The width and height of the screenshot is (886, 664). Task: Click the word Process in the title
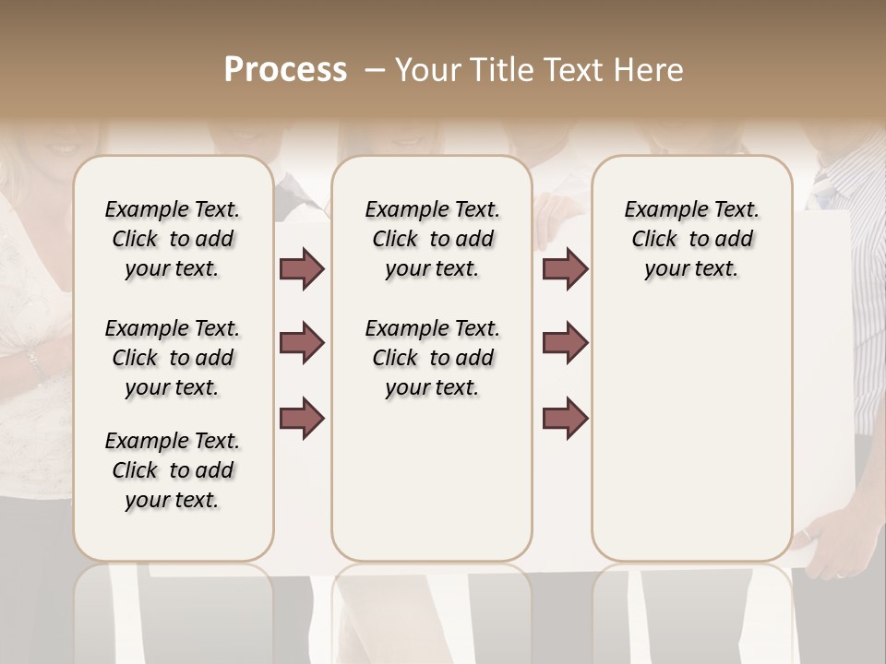pyautogui.click(x=285, y=70)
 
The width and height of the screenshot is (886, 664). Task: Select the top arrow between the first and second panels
pyautogui.click(x=302, y=269)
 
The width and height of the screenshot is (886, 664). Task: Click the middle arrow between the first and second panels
pyautogui.click(x=302, y=343)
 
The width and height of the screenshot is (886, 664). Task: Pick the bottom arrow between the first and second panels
pyautogui.click(x=302, y=418)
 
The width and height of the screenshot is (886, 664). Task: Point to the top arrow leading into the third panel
pyautogui.click(x=565, y=269)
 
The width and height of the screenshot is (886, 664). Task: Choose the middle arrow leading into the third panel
pyautogui.click(x=565, y=343)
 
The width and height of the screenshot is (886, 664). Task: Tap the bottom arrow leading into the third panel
pyautogui.click(x=565, y=418)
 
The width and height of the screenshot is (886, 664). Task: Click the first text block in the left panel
pyautogui.click(x=173, y=239)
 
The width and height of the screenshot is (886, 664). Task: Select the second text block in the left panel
pyautogui.click(x=173, y=358)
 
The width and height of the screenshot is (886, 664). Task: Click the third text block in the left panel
pyautogui.click(x=173, y=470)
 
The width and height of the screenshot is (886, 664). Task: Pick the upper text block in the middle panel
pyautogui.click(x=432, y=239)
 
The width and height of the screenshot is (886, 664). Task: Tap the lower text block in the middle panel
pyautogui.click(x=432, y=358)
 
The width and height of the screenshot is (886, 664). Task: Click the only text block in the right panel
pyautogui.click(x=691, y=239)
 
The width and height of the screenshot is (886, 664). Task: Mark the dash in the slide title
pyautogui.click(x=375, y=70)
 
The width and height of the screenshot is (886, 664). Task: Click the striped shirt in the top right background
pyautogui.click(x=849, y=180)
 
